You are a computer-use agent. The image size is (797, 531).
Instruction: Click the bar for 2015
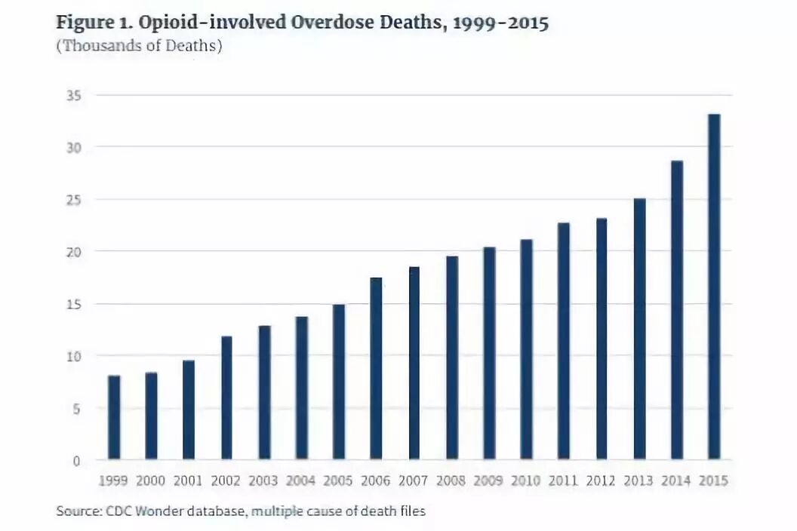coord(714,287)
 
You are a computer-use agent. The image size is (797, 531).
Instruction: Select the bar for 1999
coord(115,418)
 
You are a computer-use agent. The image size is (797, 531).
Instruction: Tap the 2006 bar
coord(376,369)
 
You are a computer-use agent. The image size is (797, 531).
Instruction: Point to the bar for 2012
coord(602,339)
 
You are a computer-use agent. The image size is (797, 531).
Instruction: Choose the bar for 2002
coord(226,397)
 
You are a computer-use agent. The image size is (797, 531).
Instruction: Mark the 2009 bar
coord(489,354)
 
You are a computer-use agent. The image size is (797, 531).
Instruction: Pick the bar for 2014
coord(677,311)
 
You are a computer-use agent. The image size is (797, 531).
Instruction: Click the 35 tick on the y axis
coord(74,96)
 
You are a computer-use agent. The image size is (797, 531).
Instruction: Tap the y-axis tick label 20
coord(74,252)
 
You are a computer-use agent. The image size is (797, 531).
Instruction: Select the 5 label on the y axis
coord(77,409)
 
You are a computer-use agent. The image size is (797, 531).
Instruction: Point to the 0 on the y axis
coord(77,461)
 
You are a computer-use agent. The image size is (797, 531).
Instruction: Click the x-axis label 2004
coord(300,480)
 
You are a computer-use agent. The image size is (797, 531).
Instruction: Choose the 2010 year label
coord(525,480)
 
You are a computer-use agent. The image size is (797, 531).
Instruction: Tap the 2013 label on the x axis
coord(639,480)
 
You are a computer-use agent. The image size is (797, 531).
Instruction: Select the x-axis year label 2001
coord(188,480)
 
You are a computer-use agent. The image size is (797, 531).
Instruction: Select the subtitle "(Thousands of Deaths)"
coord(140,46)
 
